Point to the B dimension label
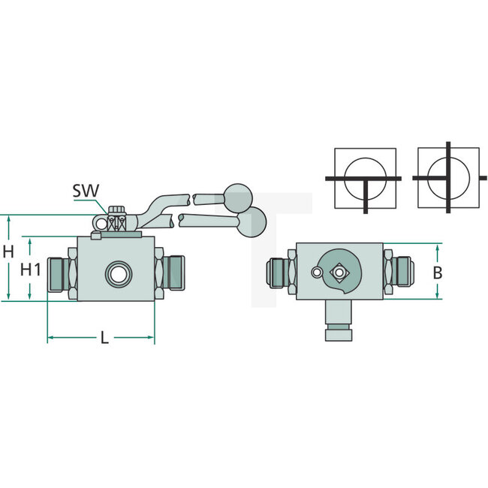click(438, 274)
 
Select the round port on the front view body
click(116, 273)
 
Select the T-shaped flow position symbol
click(365, 179)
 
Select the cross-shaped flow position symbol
click(448, 179)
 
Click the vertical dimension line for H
click(9, 259)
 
